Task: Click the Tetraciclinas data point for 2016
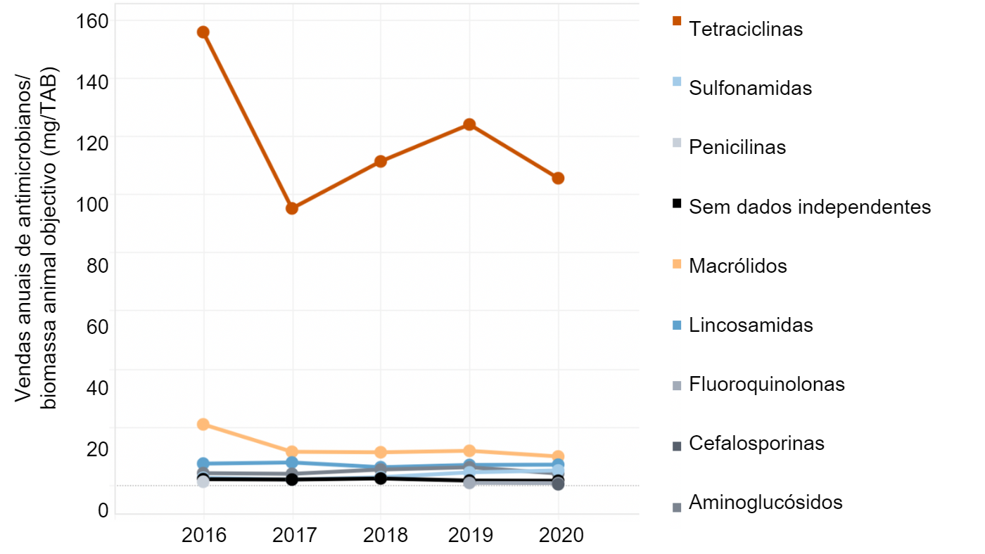pyautogui.click(x=203, y=32)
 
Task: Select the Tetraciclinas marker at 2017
pyautogui.click(x=292, y=209)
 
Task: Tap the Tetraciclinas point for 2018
pyautogui.click(x=381, y=162)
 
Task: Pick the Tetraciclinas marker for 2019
pyautogui.click(x=469, y=125)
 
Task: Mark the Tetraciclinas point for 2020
pyautogui.click(x=558, y=179)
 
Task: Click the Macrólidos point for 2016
pyautogui.click(x=203, y=425)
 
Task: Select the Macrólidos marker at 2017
pyautogui.click(x=292, y=452)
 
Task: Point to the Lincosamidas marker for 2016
pyautogui.click(x=203, y=464)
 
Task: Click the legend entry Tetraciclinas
pyautogui.click(x=746, y=30)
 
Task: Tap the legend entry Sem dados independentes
pyautogui.click(x=810, y=207)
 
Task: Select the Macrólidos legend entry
pyautogui.click(x=737, y=266)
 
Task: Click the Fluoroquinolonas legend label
pyautogui.click(x=767, y=385)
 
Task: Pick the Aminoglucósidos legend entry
pyautogui.click(x=765, y=503)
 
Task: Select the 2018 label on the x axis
pyautogui.click(x=381, y=536)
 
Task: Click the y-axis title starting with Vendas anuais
pyautogui.click(x=35, y=239)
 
